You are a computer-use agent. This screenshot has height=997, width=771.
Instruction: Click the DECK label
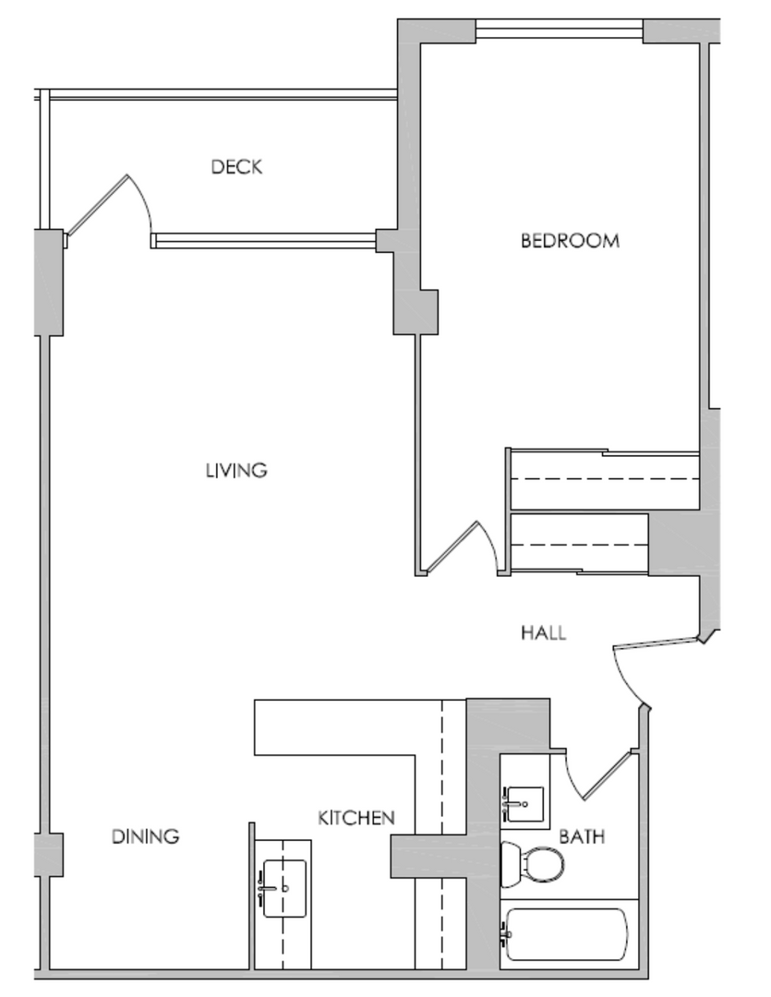point(236,167)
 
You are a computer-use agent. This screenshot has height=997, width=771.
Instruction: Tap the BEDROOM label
point(570,241)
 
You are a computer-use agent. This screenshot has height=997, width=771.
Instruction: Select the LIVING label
point(236,471)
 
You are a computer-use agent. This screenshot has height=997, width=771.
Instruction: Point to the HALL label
point(543,632)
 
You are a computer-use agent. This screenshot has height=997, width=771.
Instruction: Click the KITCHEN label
point(356,818)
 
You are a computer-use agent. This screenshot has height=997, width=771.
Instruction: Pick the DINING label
point(146,836)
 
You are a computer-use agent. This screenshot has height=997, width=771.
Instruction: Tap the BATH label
point(582,836)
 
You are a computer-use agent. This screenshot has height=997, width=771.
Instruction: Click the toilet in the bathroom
point(533,864)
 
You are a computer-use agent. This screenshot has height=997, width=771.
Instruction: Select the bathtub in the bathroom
point(565,934)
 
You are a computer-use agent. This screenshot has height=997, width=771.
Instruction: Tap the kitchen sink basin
point(284,888)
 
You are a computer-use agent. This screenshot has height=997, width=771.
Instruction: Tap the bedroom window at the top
point(560,29)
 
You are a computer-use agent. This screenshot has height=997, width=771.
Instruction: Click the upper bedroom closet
point(604,479)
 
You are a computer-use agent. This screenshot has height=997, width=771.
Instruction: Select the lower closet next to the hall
point(580,544)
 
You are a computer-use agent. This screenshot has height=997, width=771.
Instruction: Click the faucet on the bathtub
point(506,934)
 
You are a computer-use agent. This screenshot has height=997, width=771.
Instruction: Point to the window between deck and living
point(264,240)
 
